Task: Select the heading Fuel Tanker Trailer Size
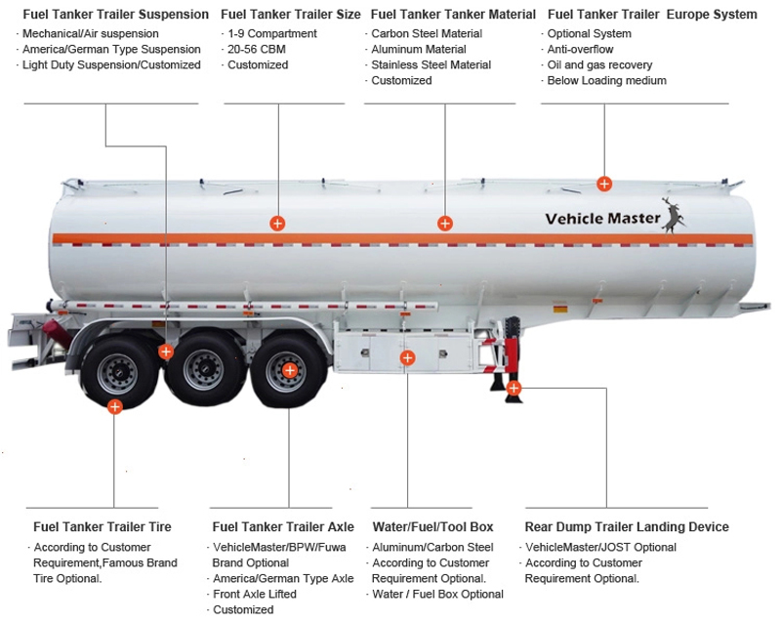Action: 291,15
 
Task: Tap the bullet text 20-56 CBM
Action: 257,49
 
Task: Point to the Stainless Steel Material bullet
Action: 431,64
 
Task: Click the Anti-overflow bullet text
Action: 580,49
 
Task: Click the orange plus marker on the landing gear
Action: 514,388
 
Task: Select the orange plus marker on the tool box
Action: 407,358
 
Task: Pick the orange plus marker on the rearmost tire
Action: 114,406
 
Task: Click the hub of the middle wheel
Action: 204,369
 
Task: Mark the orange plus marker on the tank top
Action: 604,183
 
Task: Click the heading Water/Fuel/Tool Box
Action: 432,527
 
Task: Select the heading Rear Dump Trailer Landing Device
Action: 626,527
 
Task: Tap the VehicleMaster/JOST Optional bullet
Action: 600,547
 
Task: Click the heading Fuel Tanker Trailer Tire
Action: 103,527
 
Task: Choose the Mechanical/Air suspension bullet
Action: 90,33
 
